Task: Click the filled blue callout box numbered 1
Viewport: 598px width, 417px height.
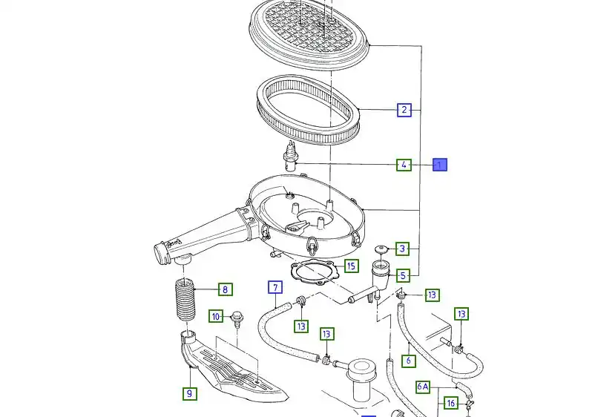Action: [x=440, y=165]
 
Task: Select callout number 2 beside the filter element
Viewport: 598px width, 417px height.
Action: [x=404, y=110]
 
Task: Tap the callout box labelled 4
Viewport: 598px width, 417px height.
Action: [x=403, y=165]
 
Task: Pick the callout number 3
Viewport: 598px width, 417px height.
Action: [x=402, y=249]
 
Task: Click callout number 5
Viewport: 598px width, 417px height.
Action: [x=402, y=275]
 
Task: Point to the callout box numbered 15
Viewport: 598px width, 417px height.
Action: [x=351, y=265]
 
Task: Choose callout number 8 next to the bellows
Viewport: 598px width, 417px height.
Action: [x=223, y=289]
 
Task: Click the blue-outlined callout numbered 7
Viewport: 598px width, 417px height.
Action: [x=274, y=288]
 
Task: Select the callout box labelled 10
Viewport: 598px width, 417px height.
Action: [x=215, y=317]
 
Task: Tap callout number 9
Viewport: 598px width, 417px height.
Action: [x=190, y=393]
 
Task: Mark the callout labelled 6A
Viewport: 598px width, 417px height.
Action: [x=422, y=386]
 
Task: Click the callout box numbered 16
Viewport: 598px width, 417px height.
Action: [x=450, y=403]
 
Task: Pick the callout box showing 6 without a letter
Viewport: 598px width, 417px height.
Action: [x=407, y=361]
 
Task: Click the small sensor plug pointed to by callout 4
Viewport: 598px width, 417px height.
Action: [x=290, y=158]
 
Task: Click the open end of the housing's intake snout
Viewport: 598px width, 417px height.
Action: [x=159, y=252]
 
